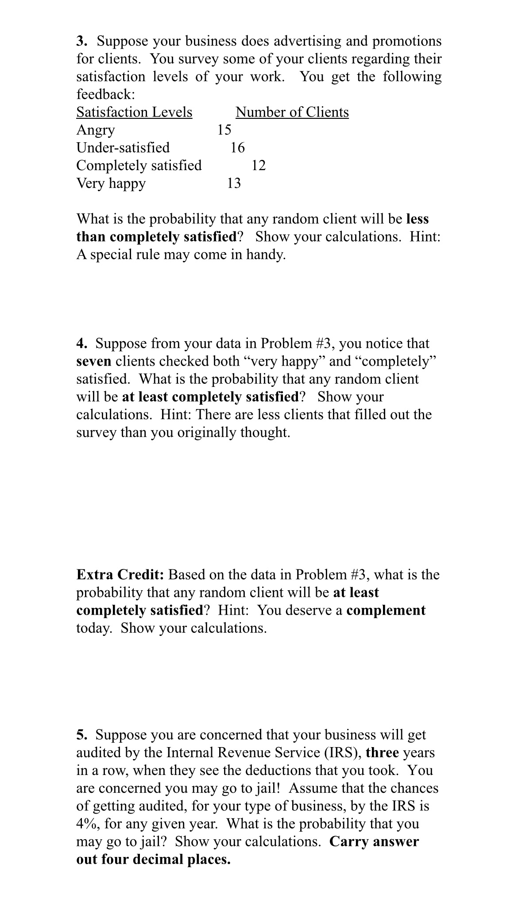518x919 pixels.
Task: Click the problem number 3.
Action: [x=81, y=41]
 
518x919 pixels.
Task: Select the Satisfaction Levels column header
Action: [x=134, y=112]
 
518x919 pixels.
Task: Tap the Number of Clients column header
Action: [x=292, y=112]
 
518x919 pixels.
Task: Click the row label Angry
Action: [x=96, y=130]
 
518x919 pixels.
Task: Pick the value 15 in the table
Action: [x=224, y=130]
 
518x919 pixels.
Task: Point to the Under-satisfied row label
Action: [x=123, y=148]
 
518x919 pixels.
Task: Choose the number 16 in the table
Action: [x=237, y=148]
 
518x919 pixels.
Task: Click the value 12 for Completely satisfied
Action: [x=259, y=165]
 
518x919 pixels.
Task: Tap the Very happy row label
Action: [x=111, y=183]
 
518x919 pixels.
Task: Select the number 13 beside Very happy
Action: [x=234, y=183]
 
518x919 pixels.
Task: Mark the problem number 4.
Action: [x=81, y=344]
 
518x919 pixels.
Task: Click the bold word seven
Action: [x=94, y=362]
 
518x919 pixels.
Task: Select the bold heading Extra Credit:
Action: [x=120, y=575]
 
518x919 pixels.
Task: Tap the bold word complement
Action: [x=386, y=610]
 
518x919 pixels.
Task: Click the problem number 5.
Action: [x=81, y=735]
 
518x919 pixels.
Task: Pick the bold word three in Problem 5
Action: [x=383, y=752]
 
